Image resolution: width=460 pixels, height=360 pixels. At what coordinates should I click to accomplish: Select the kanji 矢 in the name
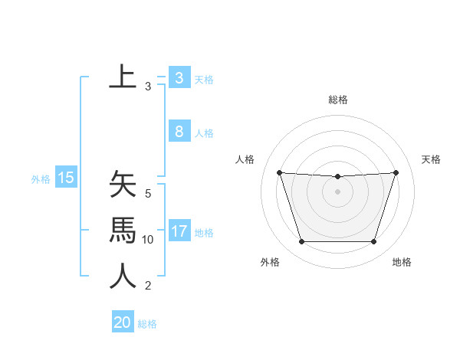[123, 184]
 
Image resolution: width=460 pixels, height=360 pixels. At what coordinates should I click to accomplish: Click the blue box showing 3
[179, 78]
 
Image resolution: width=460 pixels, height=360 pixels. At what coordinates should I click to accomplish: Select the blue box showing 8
[179, 132]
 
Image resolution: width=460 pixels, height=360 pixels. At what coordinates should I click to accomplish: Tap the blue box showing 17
[179, 231]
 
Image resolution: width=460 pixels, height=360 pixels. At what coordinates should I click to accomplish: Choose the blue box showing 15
[66, 178]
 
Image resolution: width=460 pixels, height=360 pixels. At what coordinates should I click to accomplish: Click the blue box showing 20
[123, 322]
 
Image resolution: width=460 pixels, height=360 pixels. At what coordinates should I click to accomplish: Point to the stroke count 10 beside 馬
[148, 240]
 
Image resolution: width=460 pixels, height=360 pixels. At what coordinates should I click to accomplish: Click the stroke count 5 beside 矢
[148, 194]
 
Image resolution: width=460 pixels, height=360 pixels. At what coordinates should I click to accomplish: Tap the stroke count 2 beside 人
[148, 286]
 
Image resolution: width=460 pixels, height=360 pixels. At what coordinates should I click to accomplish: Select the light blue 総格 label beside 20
[147, 324]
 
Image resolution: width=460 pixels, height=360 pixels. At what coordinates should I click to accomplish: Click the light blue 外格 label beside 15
[41, 179]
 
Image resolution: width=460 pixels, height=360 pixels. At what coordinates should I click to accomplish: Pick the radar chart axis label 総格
[337, 100]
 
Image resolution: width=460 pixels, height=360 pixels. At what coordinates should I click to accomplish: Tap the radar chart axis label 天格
[431, 159]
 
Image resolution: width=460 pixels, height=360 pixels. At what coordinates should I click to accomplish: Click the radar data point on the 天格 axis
[396, 172]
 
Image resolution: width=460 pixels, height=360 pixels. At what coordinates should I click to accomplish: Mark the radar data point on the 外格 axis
[301, 242]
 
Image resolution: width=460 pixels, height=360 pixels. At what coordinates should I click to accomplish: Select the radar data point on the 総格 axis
[337, 177]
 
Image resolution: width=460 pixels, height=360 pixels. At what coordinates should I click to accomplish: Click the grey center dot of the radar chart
[337, 191]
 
